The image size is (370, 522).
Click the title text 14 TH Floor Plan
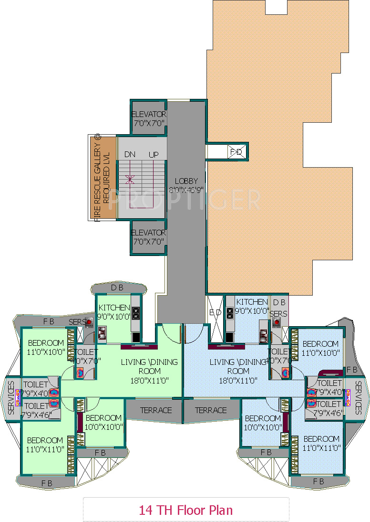(186, 510)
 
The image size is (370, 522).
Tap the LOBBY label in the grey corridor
(186, 181)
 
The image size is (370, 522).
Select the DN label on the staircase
(130, 155)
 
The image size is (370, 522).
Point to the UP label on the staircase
(154, 155)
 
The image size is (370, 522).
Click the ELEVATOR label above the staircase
(149, 115)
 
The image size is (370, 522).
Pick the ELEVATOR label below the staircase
(149, 233)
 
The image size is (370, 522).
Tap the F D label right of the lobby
(236, 152)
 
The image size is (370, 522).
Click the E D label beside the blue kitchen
(216, 312)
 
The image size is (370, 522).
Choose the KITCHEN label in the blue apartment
(252, 302)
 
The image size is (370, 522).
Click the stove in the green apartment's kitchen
(135, 313)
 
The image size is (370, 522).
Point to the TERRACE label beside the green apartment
(156, 410)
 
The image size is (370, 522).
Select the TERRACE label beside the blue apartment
(211, 410)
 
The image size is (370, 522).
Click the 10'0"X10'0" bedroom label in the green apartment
(104, 426)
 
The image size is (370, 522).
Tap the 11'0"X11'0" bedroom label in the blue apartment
(321, 447)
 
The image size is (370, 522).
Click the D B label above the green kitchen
(117, 288)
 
